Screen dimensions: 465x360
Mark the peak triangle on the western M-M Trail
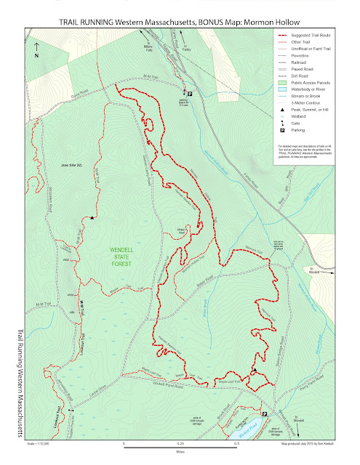coord(92,217)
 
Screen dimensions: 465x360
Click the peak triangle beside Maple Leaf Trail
coord(254,371)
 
